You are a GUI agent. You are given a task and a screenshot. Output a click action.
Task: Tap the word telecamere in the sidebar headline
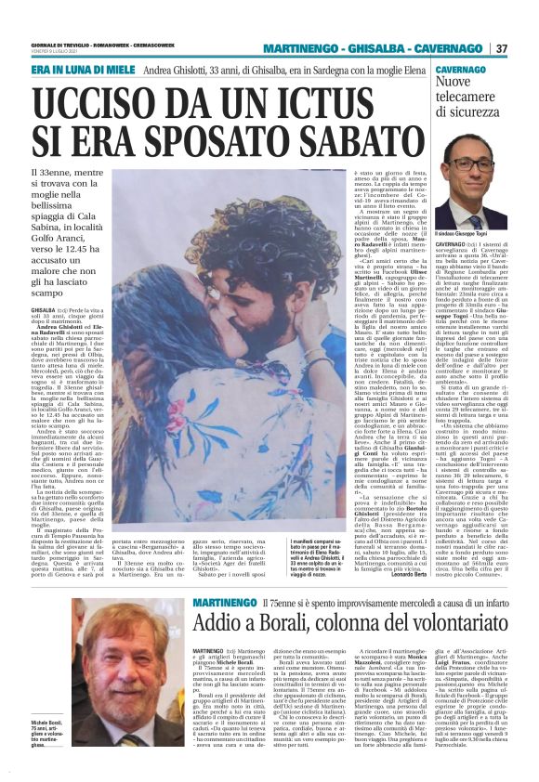pyautogui.click(x=459, y=98)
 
